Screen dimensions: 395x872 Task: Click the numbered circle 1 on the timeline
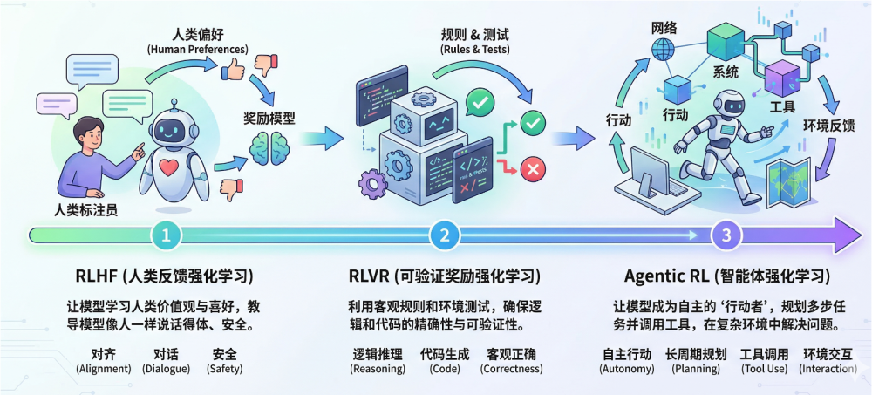pyautogui.click(x=167, y=235)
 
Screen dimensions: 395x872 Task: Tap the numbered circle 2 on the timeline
pyautogui.click(x=445, y=235)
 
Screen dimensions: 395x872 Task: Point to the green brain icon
pyautogui.click(x=267, y=149)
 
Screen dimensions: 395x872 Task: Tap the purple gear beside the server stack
pyautogui.click(x=373, y=182)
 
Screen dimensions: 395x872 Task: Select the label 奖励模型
pyautogui.click(x=269, y=118)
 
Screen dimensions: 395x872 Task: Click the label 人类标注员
pyautogui.click(x=85, y=210)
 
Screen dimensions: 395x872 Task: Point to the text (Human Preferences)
pyautogui.click(x=197, y=49)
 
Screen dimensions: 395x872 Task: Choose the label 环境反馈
pyautogui.click(x=828, y=126)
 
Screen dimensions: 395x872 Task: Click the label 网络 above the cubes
pyautogui.click(x=664, y=27)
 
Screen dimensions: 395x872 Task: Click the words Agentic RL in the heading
pyautogui.click(x=666, y=276)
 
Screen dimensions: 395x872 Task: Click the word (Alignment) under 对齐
pyautogui.click(x=103, y=369)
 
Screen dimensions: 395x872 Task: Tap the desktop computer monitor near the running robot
pyautogui.click(x=651, y=167)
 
